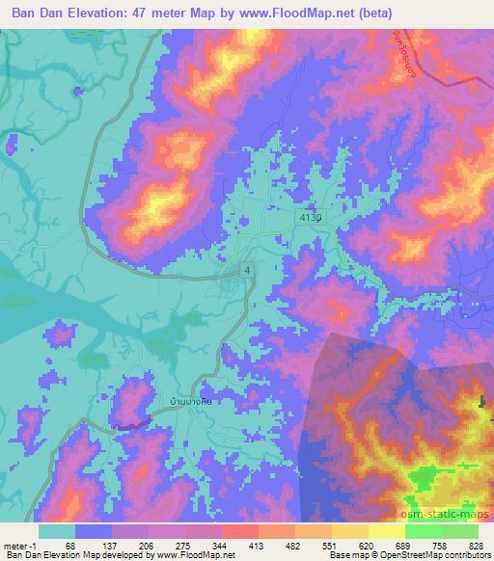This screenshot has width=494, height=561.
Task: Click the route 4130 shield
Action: [311, 219]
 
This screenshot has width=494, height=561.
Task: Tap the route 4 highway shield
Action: [248, 271]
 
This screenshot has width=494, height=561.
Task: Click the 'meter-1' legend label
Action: [21, 545]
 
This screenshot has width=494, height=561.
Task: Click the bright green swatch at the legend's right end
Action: [459, 531]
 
